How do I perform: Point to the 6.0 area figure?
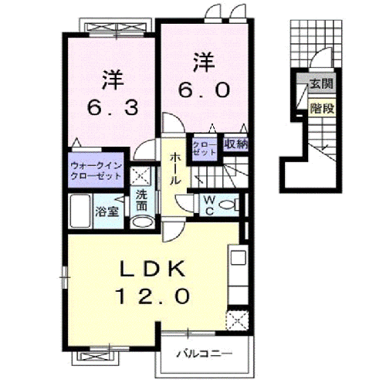[201, 89]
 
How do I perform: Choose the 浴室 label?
[107, 211]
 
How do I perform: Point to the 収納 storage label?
[235, 143]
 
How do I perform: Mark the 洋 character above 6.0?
[202, 59]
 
